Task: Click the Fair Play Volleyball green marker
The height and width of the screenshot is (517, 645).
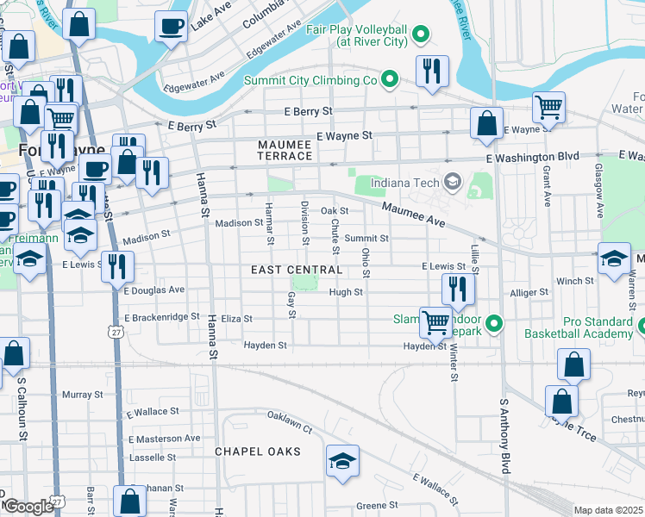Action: click(421, 34)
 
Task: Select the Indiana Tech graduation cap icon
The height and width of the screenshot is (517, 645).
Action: click(452, 182)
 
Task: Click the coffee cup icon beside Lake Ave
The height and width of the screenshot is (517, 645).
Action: click(171, 26)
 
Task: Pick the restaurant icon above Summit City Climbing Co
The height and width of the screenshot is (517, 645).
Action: click(432, 72)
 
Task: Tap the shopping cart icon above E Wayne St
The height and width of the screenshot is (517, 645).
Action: click(548, 108)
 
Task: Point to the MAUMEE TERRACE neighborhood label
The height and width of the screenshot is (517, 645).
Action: click(284, 150)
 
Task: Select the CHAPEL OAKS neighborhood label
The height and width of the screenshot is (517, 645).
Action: click(258, 452)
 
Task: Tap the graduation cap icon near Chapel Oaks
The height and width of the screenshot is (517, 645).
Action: click(342, 462)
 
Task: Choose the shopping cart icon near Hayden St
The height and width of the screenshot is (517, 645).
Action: click(436, 322)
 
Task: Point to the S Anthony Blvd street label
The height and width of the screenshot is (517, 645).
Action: click(505, 435)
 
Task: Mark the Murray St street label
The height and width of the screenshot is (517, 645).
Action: click(83, 395)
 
